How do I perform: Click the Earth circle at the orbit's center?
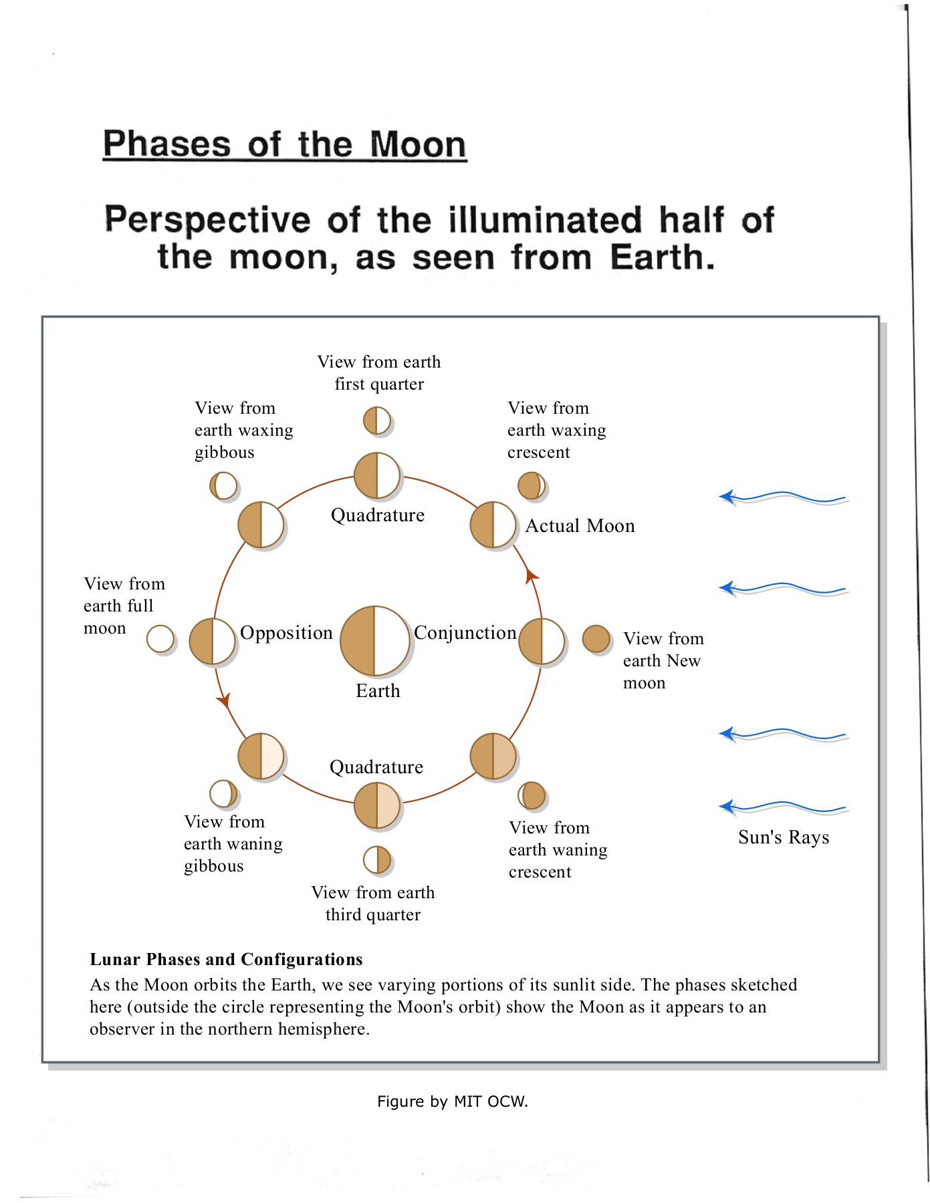(374, 640)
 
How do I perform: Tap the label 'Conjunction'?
(465, 632)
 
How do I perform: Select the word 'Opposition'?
(286, 632)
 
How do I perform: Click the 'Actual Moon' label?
(580, 526)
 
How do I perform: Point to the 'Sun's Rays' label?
(784, 837)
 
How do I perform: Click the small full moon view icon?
(160, 638)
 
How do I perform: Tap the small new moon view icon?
(596, 638)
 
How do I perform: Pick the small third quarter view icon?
(377, 859)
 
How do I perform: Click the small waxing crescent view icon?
(532, 486)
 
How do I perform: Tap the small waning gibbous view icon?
(223, 794)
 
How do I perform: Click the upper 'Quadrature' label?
(378, 515)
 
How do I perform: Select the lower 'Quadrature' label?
(376, 767)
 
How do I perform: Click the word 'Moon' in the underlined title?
(418, 144)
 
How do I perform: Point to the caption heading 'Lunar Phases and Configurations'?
(226, 960)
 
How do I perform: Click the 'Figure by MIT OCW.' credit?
(453, 1101)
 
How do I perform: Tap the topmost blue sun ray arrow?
(782, 497)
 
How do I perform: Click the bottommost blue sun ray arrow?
(782, 807)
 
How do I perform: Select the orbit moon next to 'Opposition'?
(213, 641)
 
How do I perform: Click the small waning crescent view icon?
(532, 795)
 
